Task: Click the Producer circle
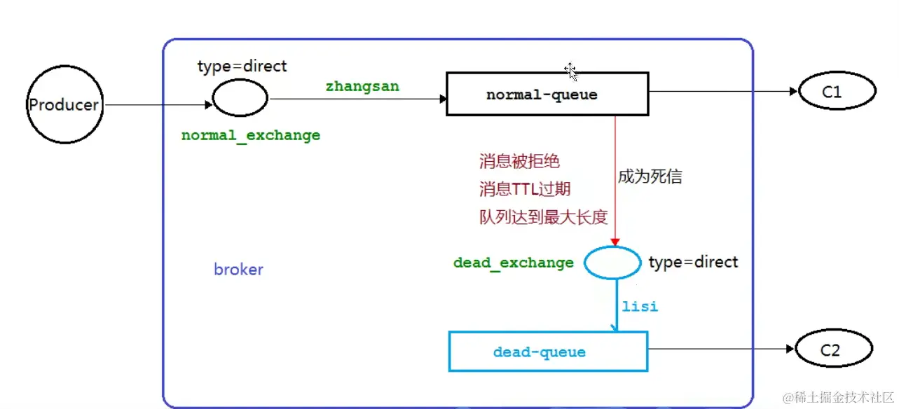(x=64, y=105)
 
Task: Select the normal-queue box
(x=547, y=95)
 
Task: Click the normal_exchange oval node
(x=240, y=98)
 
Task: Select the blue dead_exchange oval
(x=612, y=263)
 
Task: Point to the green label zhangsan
(x=362, y=87)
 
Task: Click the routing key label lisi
(x=640, y=307)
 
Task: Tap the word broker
(x=238, y=270)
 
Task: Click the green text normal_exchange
(x=251, y=135)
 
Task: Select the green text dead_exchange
(x=514, y=263)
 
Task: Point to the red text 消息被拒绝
(x=519, y=162)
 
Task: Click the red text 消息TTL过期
(x=525, y=189)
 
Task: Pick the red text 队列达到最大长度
(x=542, y=217)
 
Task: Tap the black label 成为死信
(x=650, y=176)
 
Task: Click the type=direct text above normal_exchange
(x=242, y=67)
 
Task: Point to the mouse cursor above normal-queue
(x=570, y=70)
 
